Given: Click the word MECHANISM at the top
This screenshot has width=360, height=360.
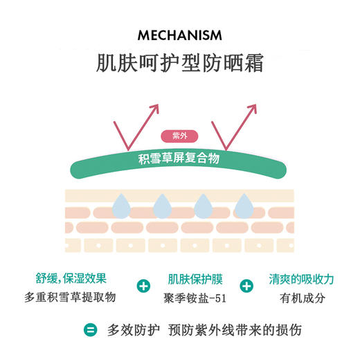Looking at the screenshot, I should click(179, 34).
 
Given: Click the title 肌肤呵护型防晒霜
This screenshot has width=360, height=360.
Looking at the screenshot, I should click(179, 62).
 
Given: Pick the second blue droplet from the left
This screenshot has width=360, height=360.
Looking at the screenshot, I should click(162, 205).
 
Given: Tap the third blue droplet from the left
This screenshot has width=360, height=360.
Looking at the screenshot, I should click(203, 205).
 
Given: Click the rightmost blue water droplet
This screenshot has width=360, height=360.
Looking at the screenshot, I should click(244, 205).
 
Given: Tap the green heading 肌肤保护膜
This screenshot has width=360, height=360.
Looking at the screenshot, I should click(195, 280).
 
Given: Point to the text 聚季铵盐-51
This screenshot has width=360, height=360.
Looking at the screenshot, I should click(195, 298).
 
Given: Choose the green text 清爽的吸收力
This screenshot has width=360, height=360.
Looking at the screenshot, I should click(301, 279).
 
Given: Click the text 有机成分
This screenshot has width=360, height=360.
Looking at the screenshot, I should click(301, 298).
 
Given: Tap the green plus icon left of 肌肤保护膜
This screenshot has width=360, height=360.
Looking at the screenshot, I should click(144, 286).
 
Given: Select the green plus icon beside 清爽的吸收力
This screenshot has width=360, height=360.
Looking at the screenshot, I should click(246, 286).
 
